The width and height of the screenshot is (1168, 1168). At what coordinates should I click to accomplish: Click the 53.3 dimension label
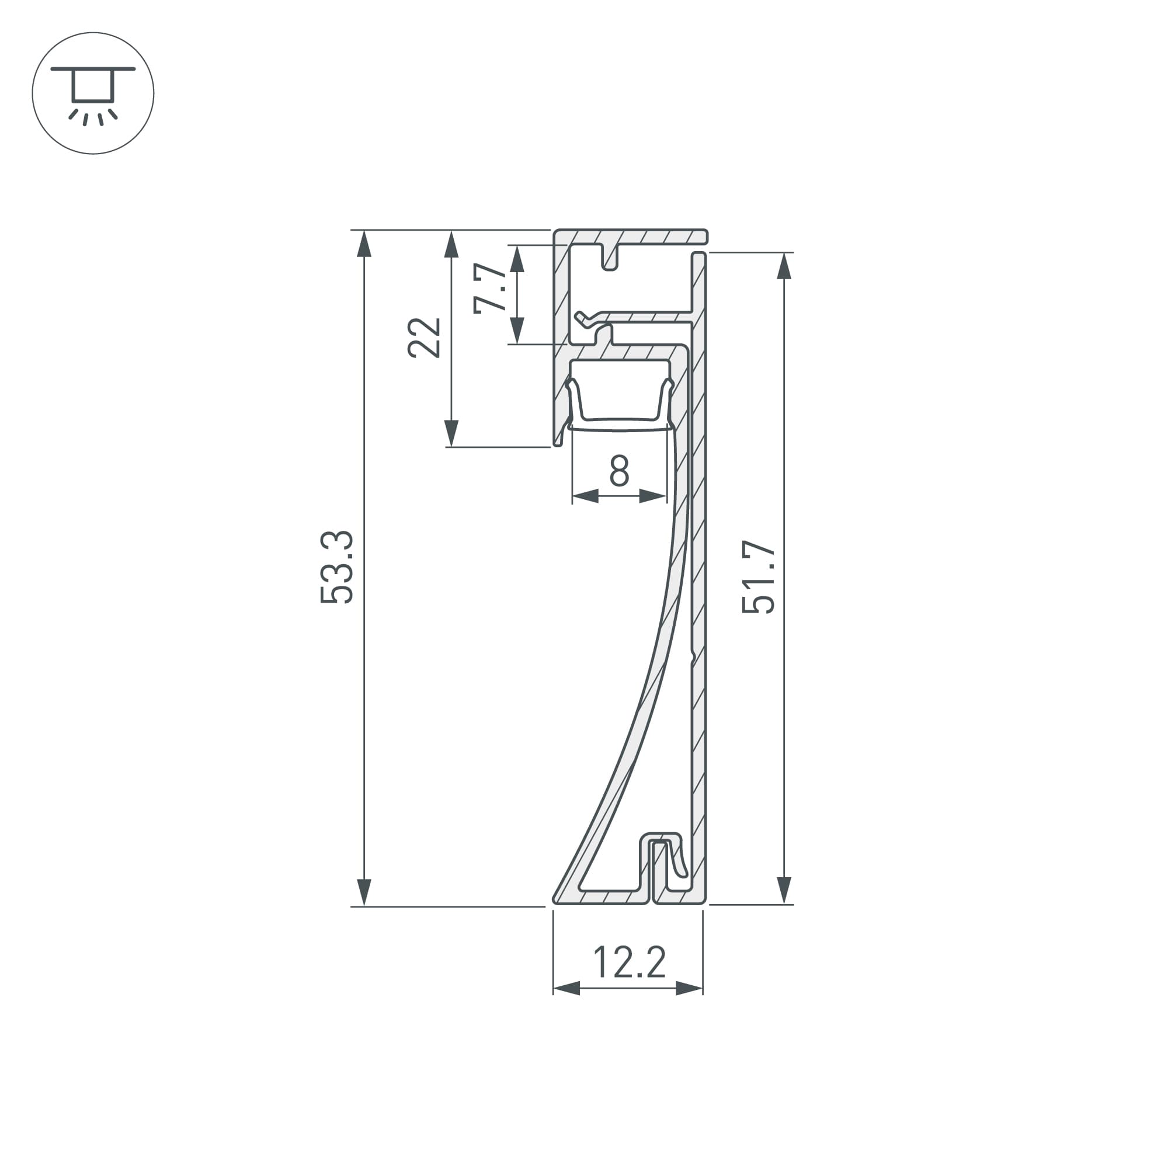pyautogui.click(x=337, y=567)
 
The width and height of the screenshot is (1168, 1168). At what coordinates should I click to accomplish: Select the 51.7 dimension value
pyautogui.click(x=758, y=578)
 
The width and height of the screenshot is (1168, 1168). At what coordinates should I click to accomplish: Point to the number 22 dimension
pyautogui.click(x=424, y=338)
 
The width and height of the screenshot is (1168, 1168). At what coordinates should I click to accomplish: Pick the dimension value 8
pyautogui.click(x=619, y=471)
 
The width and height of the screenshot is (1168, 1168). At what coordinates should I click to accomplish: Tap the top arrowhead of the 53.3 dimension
pyautogui.click(x=364, y=245)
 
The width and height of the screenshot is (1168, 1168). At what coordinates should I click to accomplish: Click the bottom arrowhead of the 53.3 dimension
pyautogui.click(x=364, y=892)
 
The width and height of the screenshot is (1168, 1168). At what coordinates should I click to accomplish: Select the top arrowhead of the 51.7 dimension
pyautogui.click(x=784, y=266)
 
